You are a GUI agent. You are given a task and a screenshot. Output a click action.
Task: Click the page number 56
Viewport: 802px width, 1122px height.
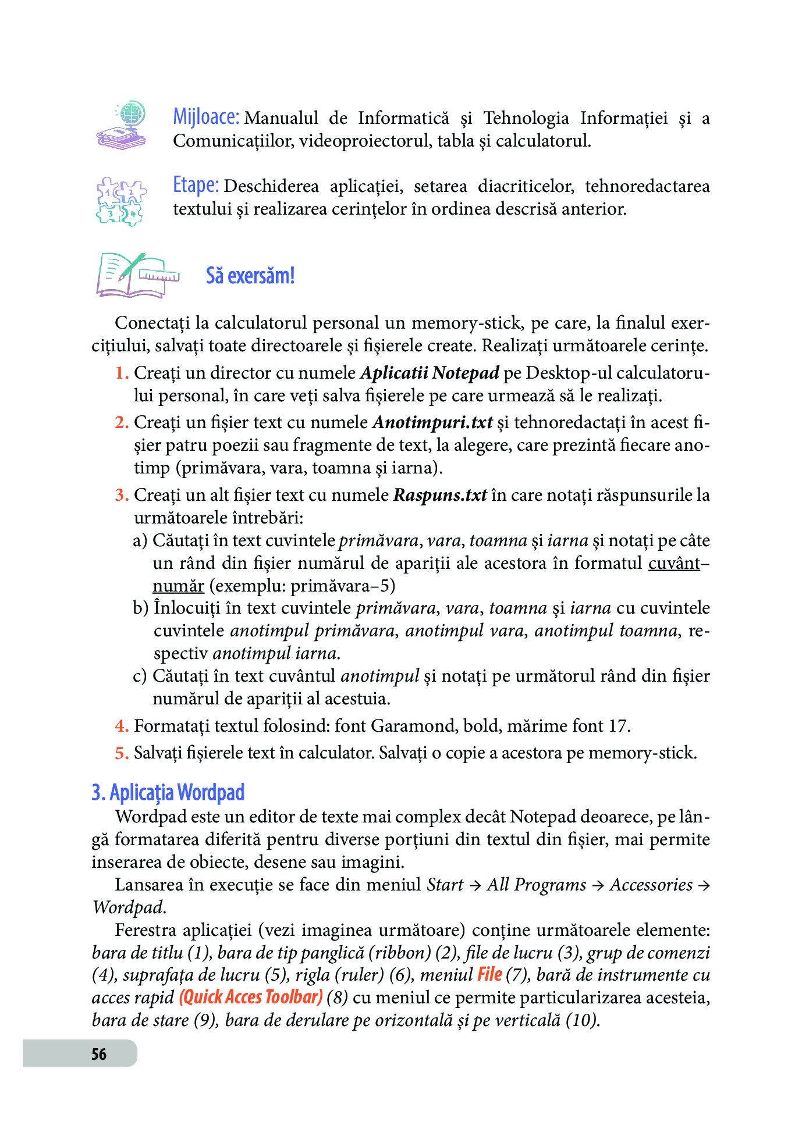[x=99, y=1054]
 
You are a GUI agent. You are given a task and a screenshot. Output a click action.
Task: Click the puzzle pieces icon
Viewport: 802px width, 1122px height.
[x=121, y=201]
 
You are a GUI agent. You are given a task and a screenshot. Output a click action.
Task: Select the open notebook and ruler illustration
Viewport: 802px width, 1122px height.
[x=138, y=275]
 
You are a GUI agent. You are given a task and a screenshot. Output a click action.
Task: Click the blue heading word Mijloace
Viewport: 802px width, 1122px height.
[x=206, y=117]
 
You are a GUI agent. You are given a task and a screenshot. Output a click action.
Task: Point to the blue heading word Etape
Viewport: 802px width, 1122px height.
[x=196, y=185]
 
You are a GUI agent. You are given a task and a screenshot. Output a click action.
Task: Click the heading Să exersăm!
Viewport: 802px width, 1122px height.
[x=250, y=276]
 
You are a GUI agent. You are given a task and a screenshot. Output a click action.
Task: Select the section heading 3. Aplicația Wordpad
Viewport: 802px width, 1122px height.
[x=168, y=792]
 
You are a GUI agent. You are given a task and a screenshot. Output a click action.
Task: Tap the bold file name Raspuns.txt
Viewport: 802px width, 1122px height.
[x=440, y=495]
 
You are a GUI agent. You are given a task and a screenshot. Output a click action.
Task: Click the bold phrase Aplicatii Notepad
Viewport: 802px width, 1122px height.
[x=430, y=373]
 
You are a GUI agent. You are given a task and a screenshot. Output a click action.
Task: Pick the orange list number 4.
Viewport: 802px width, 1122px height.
[x=121, y=726]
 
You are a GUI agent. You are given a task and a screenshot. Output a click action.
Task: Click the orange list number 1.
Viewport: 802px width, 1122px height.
[x=121, y=373]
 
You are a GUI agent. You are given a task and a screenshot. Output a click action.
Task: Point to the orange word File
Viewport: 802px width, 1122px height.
[x=489, y=974]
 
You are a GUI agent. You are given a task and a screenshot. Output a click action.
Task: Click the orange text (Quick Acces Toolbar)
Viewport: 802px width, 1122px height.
[x=251, y=997]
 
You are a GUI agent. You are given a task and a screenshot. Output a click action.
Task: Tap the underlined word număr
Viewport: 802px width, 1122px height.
[x=178, y=586]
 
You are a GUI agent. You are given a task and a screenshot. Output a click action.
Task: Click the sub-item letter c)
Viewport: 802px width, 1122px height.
[x=140, y=676]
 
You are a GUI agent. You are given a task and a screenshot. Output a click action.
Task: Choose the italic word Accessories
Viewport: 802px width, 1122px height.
[x=651, y=885]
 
